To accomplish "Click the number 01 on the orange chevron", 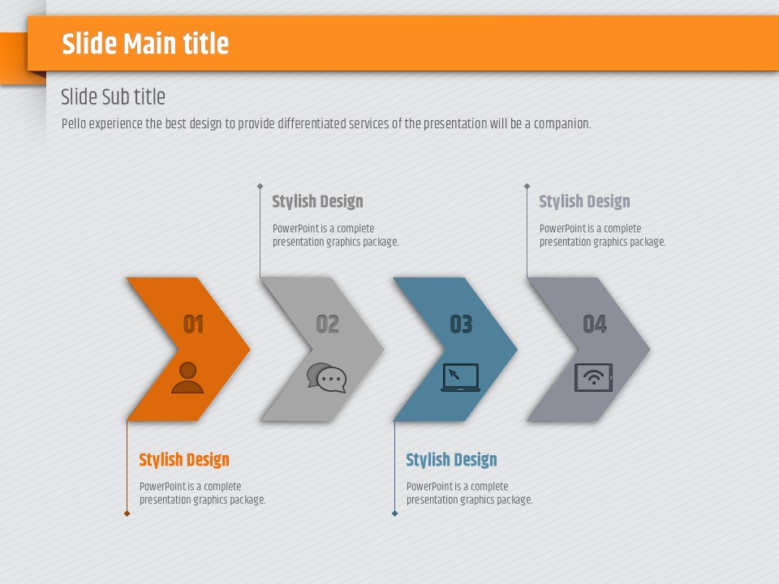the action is [194, 324].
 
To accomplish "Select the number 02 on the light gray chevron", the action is [327, 324].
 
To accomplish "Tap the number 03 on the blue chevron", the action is [461, 324].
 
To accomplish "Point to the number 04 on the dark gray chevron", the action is [595, 324].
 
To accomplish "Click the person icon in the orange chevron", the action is [187, 378].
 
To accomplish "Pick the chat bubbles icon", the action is [326, 378].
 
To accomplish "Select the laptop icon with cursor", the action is [461, 377].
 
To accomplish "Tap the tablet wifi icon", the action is [594, 377].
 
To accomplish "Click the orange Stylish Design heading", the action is [184, 460].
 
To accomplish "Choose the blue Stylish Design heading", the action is [452, 460].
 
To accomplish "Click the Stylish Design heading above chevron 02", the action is [317, 202].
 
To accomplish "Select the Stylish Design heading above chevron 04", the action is [585, 202].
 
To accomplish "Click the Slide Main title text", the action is [145, 43].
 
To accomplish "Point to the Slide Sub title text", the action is [114, 97].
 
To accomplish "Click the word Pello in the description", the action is [74, 123].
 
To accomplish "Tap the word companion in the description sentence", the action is [562, 124].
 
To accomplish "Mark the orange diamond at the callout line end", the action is [127, 513].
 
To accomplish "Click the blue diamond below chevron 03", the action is [394, 513].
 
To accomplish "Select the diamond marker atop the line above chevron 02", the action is [260, 187].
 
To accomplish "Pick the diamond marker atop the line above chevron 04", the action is [527, 187].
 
